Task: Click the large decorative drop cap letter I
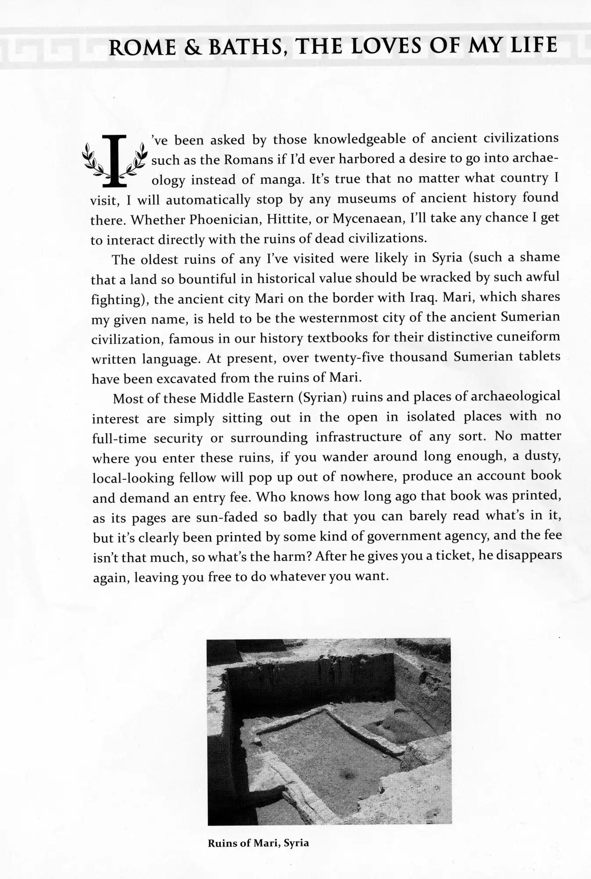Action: pos(114,160)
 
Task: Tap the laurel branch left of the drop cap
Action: pos(94,160)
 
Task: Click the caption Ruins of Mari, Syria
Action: pos(258,843)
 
